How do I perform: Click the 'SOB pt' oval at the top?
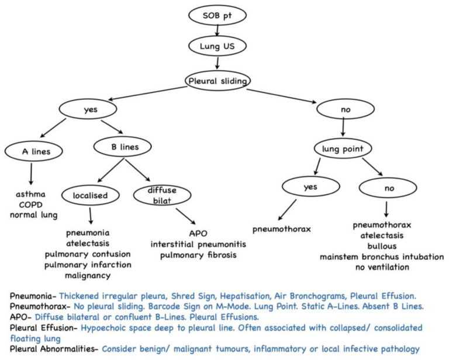216,14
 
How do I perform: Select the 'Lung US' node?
216,46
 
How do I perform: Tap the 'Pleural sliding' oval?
216,80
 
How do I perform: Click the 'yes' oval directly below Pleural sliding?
89,109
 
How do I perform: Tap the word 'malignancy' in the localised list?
88,275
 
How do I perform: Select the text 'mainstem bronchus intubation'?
382,257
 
